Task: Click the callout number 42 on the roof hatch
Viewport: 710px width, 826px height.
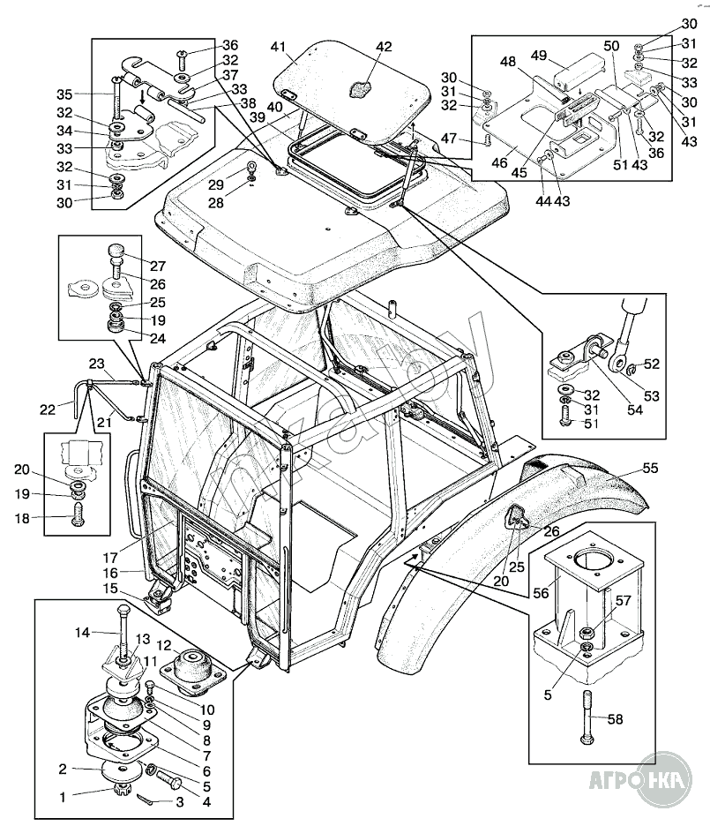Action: pos(384,48)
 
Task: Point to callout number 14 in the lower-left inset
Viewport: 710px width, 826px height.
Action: pos(82,632)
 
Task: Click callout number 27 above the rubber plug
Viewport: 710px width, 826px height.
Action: pos(157,266)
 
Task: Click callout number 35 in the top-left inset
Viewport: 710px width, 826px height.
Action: pos(65,94)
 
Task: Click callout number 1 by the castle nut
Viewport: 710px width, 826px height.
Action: pos(62,797)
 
